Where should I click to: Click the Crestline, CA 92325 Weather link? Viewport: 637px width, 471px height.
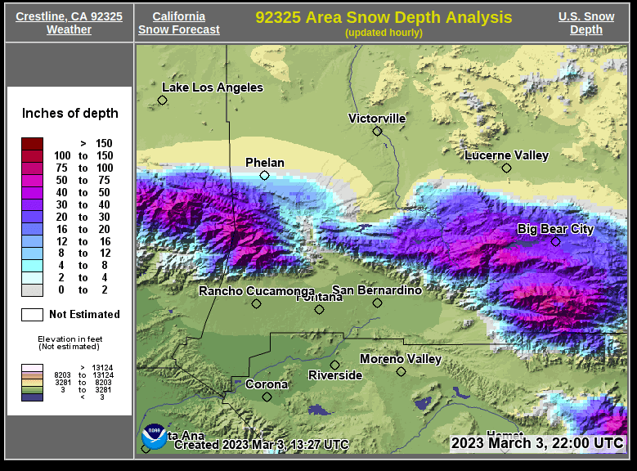click(69, 23)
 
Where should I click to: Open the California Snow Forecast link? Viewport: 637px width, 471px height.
click(178, 23)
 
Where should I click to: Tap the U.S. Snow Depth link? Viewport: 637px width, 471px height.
click(585, 23)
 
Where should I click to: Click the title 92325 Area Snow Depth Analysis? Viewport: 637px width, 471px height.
click(384, 17)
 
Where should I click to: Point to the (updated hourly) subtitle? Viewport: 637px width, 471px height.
click(384, 33)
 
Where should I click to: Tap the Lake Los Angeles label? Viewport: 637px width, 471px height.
click(213, 87)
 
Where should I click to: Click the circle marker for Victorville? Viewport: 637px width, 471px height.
click(377, 131)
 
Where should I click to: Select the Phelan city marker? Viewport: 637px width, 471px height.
click(264, 175)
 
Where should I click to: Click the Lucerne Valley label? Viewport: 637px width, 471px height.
click(506, 155)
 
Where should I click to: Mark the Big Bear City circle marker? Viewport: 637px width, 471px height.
click(555, 241)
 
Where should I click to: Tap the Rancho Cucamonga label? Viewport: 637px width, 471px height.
click(257, 291)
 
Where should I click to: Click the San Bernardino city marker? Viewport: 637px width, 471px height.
click(377, 303)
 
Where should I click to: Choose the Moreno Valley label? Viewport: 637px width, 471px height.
click(401, 359)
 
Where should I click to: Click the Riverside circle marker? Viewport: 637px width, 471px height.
click(334, 365)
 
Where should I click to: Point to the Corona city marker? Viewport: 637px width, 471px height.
click(267, 397)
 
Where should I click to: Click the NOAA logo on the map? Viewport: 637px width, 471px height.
click(154, 437)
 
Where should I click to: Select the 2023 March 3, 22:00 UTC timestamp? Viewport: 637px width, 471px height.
click(537, 442)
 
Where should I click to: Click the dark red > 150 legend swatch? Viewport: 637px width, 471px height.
click(32, 144)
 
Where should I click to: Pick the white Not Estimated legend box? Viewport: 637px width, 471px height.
click(32, 314)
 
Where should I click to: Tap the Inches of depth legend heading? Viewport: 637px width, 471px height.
click(70, 114)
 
